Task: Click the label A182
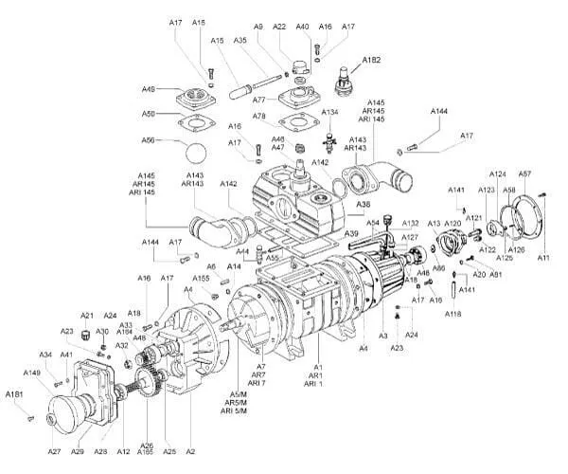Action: pos(371,61)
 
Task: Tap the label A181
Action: pos(14,394)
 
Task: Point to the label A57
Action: pos(524,174)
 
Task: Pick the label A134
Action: pos(329,113)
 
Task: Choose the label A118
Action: pos(453,314)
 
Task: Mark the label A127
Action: pos(409,237)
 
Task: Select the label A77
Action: pos(258,99)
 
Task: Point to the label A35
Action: pos(240,42)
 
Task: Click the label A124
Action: pos(498,174)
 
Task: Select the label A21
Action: pos(86,316)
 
